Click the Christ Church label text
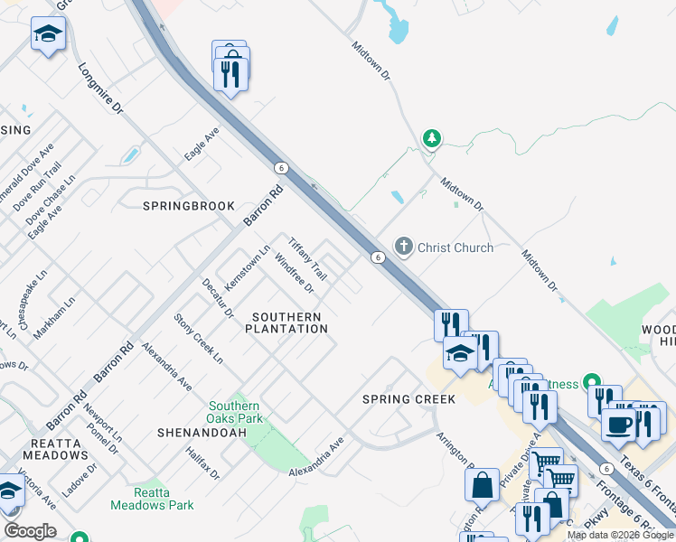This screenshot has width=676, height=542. (x=455, y=248)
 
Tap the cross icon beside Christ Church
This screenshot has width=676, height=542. (x=403, y=247)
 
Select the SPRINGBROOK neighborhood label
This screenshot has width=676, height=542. (x=189, y=206)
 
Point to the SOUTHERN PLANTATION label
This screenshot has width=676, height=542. (x=286, y=323)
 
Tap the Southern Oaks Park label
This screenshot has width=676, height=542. (x=235, y=413)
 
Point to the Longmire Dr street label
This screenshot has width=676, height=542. (x=100, y=89)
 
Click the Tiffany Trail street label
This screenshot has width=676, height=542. (x=307, y=258)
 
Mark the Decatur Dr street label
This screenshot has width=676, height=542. (x=218, y=299)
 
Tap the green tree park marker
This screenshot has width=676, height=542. (x=432, y=138)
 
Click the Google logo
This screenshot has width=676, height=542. (x=30, y=531)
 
